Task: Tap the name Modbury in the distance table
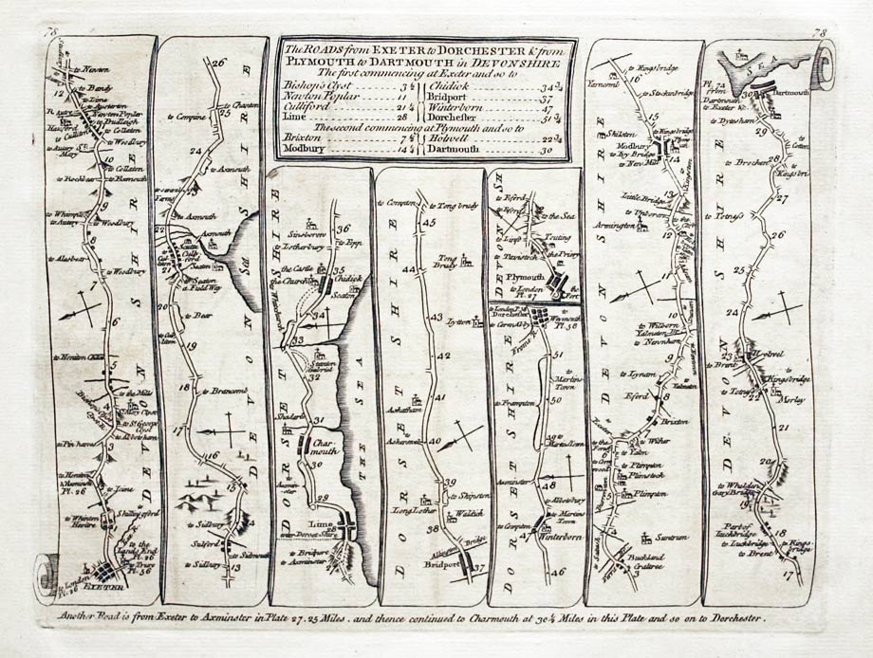coord(305,149)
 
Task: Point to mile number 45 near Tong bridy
coord(428,222)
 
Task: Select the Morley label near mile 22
coord(791,400)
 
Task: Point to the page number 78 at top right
coord(819,34)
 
